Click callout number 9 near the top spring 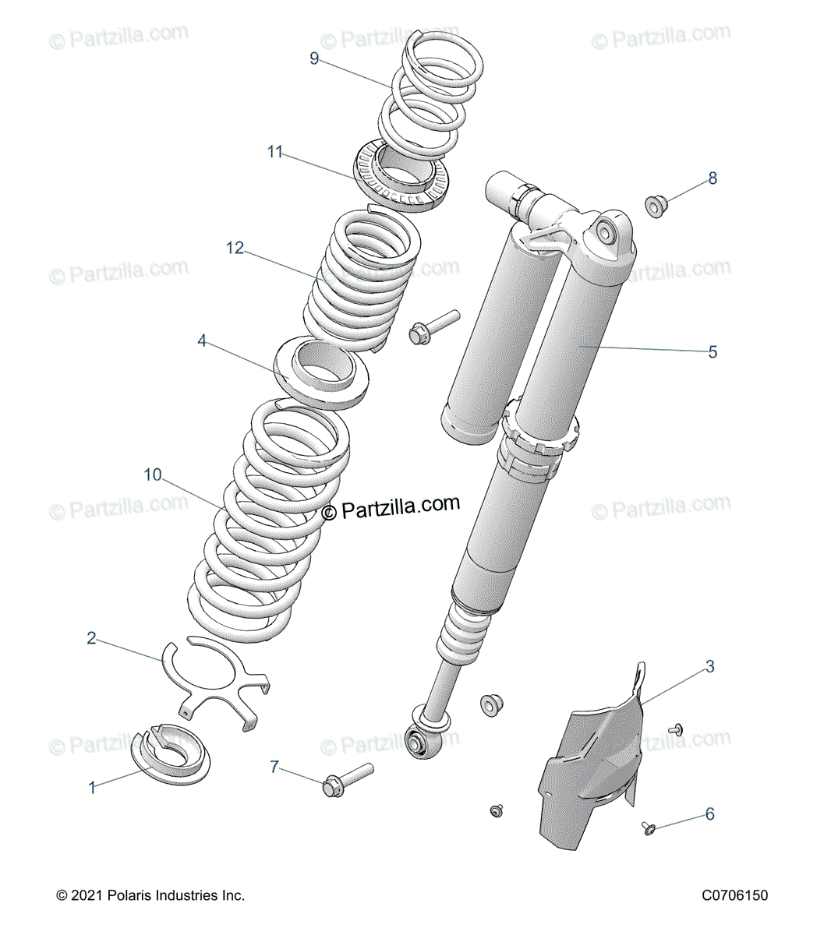point(314,58)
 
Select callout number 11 point(275,152)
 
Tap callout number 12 point(235,248)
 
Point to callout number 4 point(202,340)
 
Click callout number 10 point(153,475)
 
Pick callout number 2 point(91,639)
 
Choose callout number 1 point(92,788)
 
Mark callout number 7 point(274,767)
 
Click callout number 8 point(713,178)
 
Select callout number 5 point(713,352)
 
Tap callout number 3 point(709,666)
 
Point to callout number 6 point(709,814)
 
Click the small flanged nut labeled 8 point(656,206)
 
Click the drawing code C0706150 point(734,895)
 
